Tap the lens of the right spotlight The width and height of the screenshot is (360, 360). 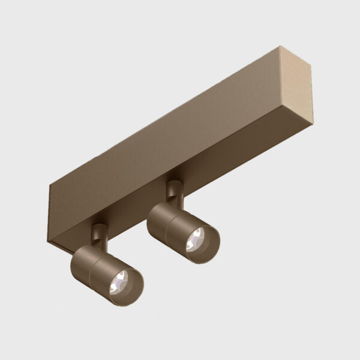coord(199,239)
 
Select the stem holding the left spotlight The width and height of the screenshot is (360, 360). coord(97,233)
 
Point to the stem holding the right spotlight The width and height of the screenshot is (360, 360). coord(173,193)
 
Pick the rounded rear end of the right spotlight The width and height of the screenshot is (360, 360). coord(152,217)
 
